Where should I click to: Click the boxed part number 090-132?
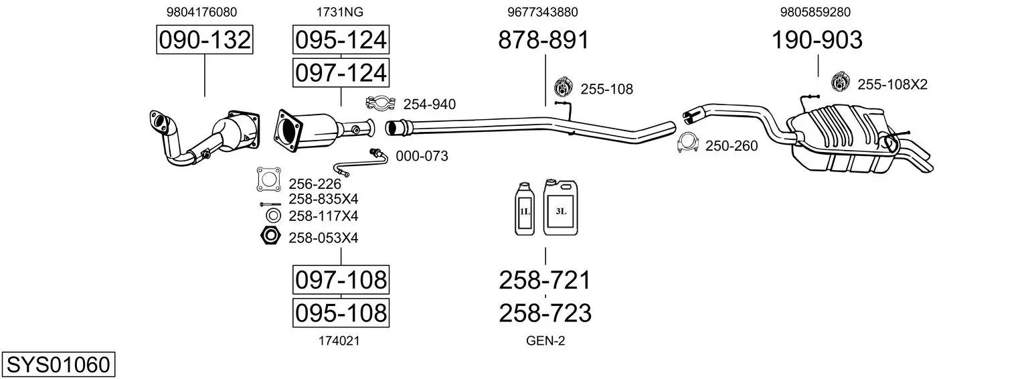(x=204, y=40)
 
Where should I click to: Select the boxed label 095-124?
(x=341, y=40)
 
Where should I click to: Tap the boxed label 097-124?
(x=341, y=73)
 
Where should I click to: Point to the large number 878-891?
(x=543, y=40)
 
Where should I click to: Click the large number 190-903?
(x=817, y=40)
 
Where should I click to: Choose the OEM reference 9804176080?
(x=201, y=12)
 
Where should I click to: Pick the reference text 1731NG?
(x=339, y=12)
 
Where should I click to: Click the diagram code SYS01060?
(x=58, y=365)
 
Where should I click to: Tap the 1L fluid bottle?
(x=524, y=209)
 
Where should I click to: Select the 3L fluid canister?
(x=560, y=208)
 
